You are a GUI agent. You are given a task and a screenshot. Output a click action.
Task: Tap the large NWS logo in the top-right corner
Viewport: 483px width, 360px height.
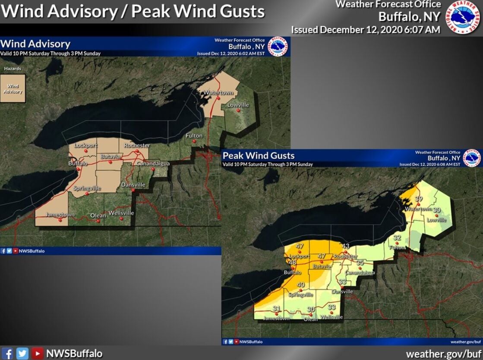point(464,17)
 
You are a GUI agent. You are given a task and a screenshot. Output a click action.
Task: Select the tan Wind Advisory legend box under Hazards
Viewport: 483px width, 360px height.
point(13,88)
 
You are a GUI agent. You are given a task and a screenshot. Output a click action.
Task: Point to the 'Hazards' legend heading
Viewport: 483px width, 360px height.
point(13,69)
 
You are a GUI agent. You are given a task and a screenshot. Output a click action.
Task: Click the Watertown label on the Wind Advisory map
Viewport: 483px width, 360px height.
point(218,93)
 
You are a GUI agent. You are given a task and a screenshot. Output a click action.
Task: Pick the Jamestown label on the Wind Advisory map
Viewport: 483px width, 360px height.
point(60,215)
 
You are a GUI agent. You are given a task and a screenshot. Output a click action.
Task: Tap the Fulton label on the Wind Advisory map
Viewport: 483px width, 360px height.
point(194,136)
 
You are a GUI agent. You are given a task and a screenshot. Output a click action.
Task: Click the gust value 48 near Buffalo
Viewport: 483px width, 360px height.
point(293,263)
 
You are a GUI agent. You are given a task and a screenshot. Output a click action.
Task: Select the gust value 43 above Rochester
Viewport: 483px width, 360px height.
point(345,246)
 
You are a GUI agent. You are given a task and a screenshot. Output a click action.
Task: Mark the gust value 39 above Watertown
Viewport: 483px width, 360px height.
point(418,199)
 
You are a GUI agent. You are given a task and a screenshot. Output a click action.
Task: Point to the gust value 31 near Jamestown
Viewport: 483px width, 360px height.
point(277,308)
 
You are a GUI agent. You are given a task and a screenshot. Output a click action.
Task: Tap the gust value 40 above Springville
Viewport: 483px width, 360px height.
point(301,285)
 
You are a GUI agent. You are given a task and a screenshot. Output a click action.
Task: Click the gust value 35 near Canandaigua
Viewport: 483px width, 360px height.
point(360,262)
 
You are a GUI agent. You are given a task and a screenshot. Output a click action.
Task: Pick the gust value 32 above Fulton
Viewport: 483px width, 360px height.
point(397,238)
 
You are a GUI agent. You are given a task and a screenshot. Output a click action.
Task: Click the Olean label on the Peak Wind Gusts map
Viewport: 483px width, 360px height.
point(311,319)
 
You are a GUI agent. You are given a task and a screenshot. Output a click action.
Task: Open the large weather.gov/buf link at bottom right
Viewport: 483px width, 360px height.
point(443,354)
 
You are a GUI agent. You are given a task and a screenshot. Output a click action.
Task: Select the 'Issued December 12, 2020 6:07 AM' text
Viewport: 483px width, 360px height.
point(366,30)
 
